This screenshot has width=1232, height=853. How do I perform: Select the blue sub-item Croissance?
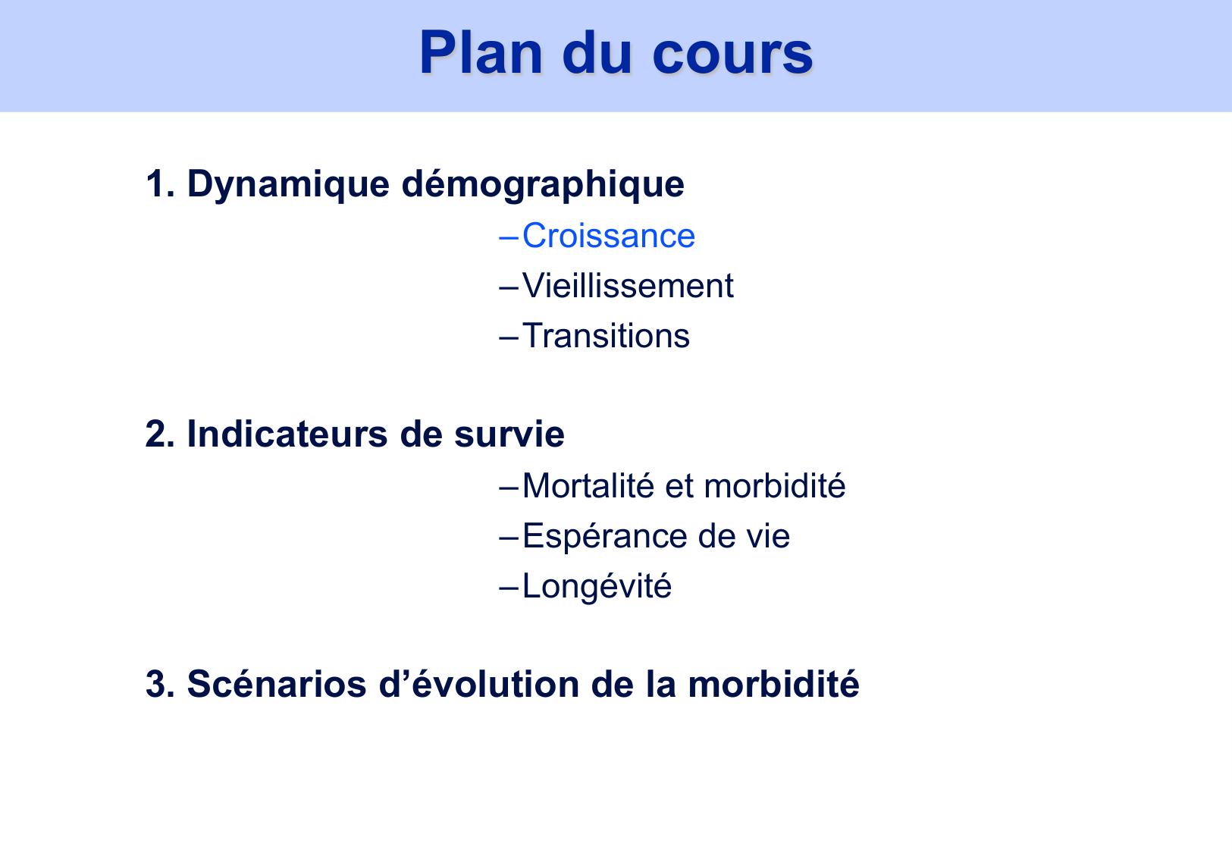[608, 236]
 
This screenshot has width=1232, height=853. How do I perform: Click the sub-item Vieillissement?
[628, 286]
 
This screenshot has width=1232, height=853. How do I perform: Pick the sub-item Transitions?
[606, 336]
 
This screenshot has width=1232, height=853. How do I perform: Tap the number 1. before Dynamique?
[160, 184]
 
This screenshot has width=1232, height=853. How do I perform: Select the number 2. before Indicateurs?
[161, 434]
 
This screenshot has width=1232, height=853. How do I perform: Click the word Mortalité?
[588, 485]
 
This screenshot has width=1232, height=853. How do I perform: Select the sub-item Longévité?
[597, 586]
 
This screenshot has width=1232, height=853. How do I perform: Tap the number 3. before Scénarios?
[161, 684]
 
